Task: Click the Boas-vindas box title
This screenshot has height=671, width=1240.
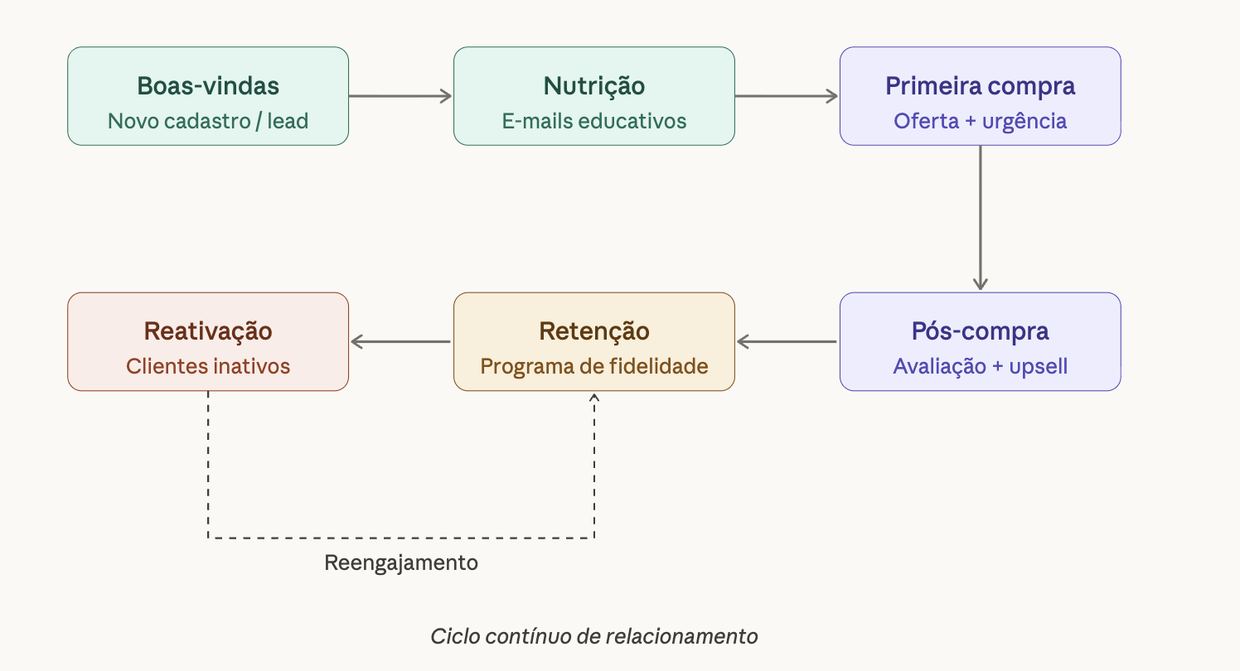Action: point(208,85)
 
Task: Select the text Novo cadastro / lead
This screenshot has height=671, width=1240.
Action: point(208,121)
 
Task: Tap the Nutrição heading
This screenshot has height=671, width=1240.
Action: point(594,85)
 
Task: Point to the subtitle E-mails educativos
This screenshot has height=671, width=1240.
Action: point(594,121)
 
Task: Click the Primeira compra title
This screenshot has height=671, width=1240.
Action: point(981,85)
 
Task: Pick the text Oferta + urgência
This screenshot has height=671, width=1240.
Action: point(981,121)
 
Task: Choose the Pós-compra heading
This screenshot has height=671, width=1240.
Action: point(981,331)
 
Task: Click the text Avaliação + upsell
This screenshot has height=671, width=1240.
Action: point(981,366)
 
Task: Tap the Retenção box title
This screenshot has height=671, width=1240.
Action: point(594,331)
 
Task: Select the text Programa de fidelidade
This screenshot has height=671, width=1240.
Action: point(594,366)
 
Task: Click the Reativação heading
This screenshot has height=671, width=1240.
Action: point(208,331)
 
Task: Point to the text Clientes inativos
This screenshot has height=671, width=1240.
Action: point(208,366)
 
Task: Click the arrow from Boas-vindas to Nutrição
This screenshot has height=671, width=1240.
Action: point(400,96)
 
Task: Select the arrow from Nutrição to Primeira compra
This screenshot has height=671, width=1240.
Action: point(787,96)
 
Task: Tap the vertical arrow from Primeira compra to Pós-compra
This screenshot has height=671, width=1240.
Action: point(981,218)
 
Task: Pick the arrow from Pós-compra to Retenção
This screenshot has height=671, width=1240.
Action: point(787,341)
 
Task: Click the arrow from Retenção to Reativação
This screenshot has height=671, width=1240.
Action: point(400,341)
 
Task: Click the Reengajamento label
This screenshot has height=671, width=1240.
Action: point(401,563)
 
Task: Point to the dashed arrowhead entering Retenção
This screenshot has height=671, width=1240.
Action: point(594,398)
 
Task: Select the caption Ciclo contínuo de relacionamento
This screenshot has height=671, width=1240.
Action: point(594,636)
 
